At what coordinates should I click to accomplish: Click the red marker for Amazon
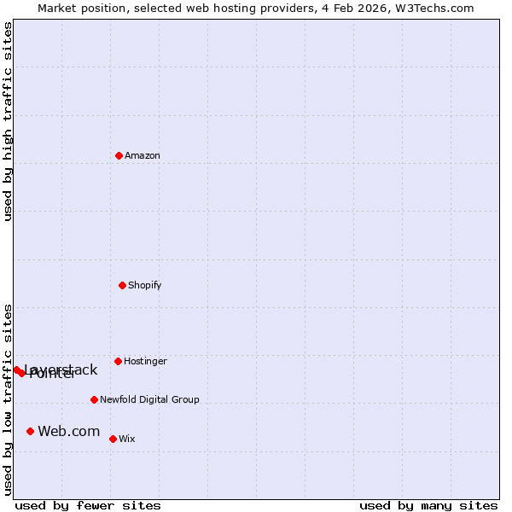click(x=119, y=155)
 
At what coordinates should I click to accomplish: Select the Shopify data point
click(x=122, y=285)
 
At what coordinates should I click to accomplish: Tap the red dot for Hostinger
click(x=118, y=361)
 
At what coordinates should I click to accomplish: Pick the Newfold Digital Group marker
click(x=94, y=399)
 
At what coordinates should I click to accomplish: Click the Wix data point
click(x=113, y=439)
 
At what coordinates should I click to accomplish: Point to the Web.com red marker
click(x=30, y=431)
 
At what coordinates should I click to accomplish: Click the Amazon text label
click(x=143, y=155)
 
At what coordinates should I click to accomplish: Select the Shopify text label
click(x=145, y=285)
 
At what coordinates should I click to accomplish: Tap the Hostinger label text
click(x=145, y=361)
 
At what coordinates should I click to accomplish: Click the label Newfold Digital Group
click(x=149, y=399)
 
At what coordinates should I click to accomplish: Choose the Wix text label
click(x=127, y=439)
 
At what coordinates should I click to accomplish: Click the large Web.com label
click(x=69, y=431)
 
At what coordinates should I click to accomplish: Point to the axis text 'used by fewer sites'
click(x=88, y=505)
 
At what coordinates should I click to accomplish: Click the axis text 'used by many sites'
click(x=428, y=505)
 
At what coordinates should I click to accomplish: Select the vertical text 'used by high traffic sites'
click(x=8, y=121)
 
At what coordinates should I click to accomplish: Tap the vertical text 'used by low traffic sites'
click(x=8, y=399)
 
